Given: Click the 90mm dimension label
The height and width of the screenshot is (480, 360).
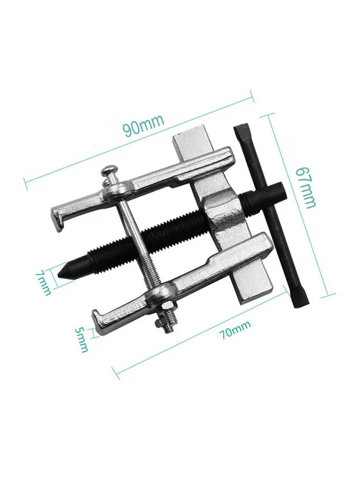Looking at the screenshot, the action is [x=144, y=125].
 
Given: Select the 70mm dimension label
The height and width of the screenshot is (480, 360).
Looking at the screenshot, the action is [x=235, y=330].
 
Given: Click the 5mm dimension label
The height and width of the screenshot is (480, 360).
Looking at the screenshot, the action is [x=82, y=339].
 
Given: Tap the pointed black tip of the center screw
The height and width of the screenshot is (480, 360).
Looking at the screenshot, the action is [x=61, y=272].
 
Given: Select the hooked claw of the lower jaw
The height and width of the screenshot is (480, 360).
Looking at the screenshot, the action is [x=101, y=322].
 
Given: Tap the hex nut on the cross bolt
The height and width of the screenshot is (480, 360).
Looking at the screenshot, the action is [x=165, y=308].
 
